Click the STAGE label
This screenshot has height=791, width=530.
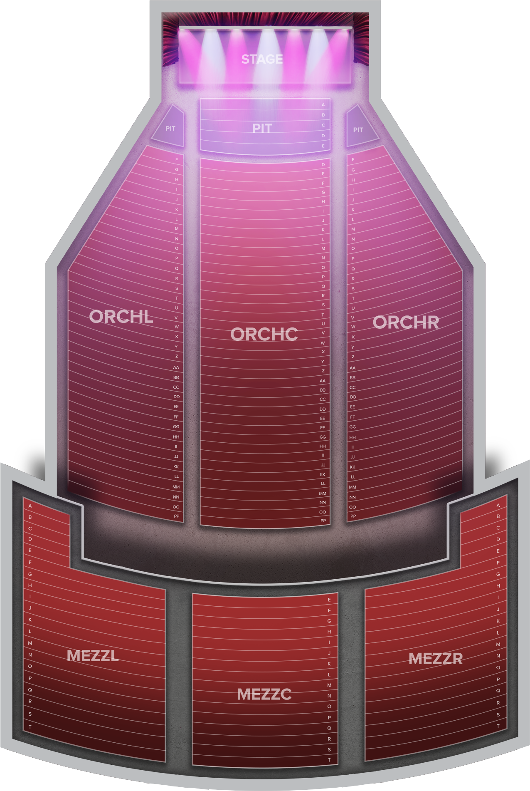[x=262, y=59]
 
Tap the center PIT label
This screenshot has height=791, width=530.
[x=262, y=128]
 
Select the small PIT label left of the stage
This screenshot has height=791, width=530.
[x=170, y=129]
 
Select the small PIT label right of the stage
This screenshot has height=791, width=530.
[x=358, y=130]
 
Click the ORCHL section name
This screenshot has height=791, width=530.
[x=121, y=317]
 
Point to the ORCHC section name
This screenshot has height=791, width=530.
[x=264, y=334]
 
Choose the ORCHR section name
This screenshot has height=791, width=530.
[x=406, y=322]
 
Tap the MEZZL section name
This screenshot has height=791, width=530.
[x=93, y=656]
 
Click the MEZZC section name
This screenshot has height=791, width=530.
[x=264, y=694]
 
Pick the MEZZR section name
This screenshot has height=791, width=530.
[x=435, y=659]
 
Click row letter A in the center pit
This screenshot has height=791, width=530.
[x=323, y=105]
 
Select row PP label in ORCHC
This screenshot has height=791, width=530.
[x=323, y=521]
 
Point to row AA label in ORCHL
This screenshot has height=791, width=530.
[x=176, y=367]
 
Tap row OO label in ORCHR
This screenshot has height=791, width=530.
[x=353, y=507]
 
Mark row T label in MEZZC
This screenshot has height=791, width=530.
[x=329, y=760]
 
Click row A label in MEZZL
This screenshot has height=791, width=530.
[x=30, y=506]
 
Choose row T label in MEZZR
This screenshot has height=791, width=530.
[x=498, y=726]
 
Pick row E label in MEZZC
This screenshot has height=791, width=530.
[x=329, y=600]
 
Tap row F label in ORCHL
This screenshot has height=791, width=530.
[x=177, y=160]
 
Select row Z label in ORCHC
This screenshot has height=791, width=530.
[x=323, y=371]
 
